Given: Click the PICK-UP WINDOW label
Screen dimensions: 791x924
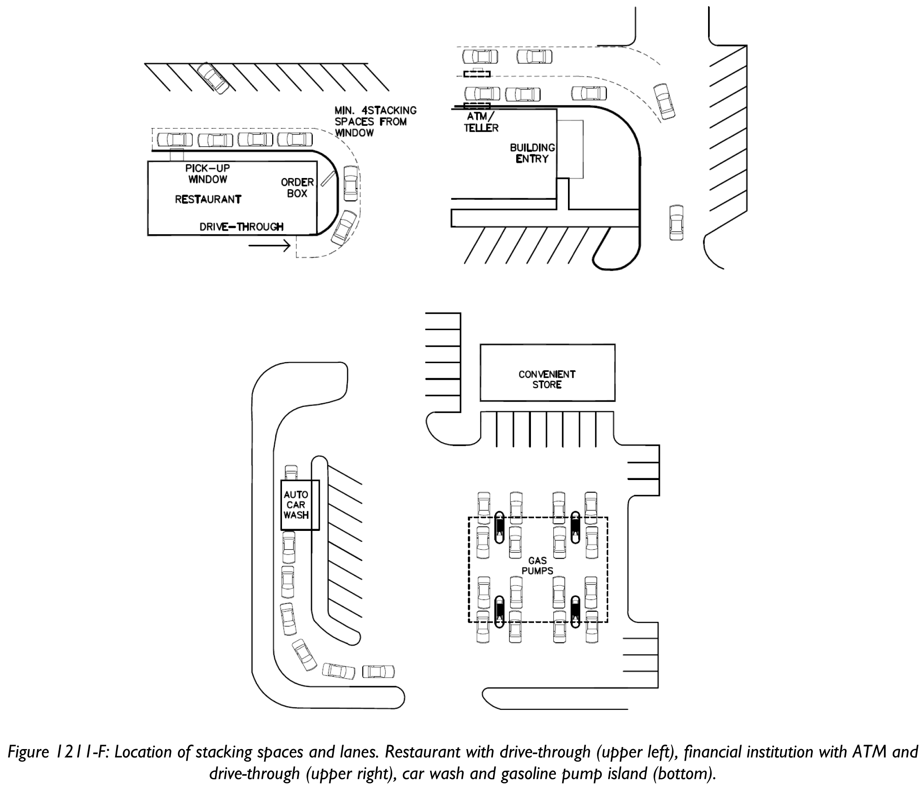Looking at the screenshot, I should (x=207, y=174).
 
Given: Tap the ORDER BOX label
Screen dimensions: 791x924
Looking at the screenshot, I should (x=297, y=187).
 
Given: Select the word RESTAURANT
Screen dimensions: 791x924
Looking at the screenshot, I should (x=208, y=199).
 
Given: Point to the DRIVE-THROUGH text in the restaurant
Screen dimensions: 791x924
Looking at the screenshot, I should (x=241, y=227).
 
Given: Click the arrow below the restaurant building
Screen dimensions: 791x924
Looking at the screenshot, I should (x=269, y=245).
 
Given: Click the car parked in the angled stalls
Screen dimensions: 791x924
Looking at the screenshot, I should (x=214, y=77).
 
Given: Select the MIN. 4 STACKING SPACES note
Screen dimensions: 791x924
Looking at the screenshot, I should (x=375, y=121).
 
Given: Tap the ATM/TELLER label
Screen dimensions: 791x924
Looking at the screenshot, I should (x=481, y=122).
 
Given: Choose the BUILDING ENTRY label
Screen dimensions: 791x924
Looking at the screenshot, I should (x=532, y=153).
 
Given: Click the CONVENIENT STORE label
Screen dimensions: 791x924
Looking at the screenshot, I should (x=547, y=379).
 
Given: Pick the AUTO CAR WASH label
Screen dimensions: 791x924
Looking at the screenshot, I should (x=296, y=505).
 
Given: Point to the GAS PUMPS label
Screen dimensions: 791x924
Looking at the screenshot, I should (x=537, y=565).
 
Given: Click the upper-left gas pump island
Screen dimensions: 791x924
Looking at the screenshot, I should (x=500, y=527).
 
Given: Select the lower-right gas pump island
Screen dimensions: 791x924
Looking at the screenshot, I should (x=576, y=612).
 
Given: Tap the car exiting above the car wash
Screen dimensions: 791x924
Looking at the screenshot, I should (x=291, y=472).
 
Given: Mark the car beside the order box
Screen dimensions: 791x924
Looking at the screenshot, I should (x=351, y=183).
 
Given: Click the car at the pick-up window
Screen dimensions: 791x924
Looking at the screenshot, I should (x=175, y=140).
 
